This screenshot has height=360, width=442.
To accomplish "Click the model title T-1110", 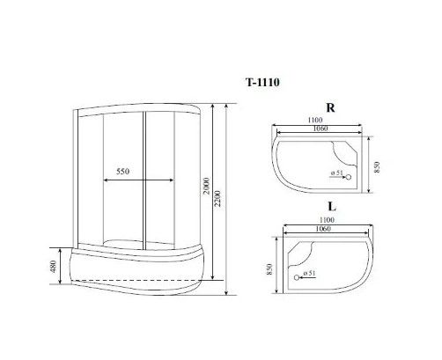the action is click(x=262, y=83).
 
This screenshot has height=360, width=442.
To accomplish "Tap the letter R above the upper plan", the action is click(x=330, y=108).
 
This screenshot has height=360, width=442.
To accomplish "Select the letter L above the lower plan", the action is click(x=332, y=207).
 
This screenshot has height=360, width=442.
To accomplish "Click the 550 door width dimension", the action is click(x=122, y=172).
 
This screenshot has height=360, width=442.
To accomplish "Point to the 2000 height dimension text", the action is click(x=207, y=186).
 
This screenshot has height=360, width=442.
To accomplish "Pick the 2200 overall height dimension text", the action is click(x=217, y=199).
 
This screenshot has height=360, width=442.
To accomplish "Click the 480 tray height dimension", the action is click(x=54, y=266).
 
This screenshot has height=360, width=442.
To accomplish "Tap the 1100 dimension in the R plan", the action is click(x=315, y=120).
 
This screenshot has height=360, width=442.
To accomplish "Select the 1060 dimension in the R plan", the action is click(x=320, y=129).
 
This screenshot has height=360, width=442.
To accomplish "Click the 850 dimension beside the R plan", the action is click(x=378, y=167).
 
